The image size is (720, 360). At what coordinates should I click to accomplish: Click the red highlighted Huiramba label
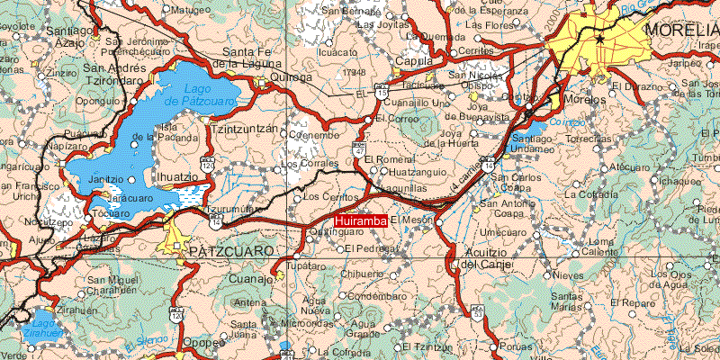[360, 220]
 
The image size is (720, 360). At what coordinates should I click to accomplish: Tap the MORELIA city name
[681, 29]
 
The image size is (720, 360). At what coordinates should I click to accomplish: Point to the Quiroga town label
[289, 78]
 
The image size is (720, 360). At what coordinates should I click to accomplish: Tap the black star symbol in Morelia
[599, 39]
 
